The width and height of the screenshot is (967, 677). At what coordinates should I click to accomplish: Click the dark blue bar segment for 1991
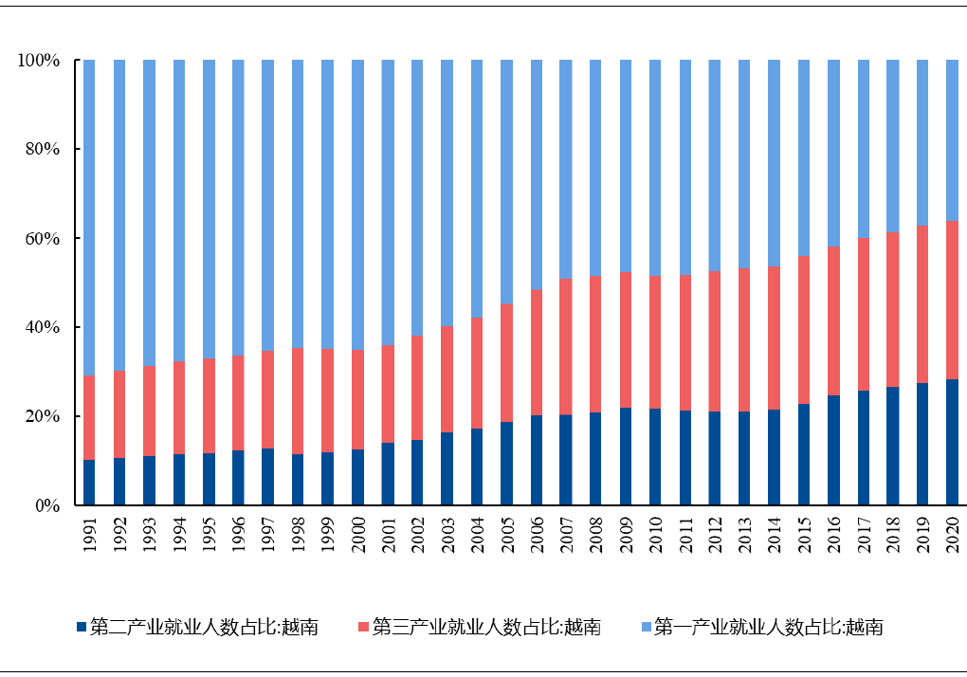pyautogui.click(x=89, y=483)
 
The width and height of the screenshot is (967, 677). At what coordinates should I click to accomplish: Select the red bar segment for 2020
pyautogui.click(x=952, y=300)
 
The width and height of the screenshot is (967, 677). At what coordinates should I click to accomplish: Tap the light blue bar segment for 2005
pyautogui.click(x=506, y=181)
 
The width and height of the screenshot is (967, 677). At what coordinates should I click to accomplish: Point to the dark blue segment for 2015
pyautogui.click(x=804, y=454)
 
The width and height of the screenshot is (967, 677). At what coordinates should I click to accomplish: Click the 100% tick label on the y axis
pyautogui.click(x=39, y=61)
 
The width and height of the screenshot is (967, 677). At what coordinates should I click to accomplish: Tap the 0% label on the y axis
pyautogui.click(x=46, y=506)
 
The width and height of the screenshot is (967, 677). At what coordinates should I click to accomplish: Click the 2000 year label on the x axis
pyautogui.click(x=357, y=535)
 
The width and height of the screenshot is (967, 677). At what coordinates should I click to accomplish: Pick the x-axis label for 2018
pyautogui.click(x=893, y=535)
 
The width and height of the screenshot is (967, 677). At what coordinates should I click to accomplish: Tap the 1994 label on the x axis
pyautogui.click(x=179, y=535)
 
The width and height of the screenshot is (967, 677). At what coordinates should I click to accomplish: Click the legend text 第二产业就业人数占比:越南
pyautogui.click(x=204, y=627)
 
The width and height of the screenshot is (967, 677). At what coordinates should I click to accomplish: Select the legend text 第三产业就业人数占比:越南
pyautogui.click(x=486, y=627)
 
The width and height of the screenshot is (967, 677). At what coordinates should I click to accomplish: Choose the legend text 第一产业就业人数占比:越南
pyautogui.click(x=769, y=627)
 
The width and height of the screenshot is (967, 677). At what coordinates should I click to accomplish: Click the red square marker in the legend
pyautogui.click(x=364, y=627)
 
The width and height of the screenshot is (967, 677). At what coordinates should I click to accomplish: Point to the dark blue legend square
pyautogui.click(x=82, y=627)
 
